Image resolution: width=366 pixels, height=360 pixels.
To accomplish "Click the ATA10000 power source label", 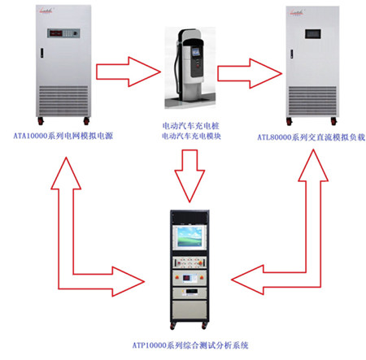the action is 63,136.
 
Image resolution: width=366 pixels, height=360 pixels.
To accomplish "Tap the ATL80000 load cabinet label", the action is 312,137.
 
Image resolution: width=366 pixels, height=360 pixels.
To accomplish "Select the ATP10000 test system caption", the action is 190,345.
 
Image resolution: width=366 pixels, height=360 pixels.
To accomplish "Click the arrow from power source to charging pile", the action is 129,72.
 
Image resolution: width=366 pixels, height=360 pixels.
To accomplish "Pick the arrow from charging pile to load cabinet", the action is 250,73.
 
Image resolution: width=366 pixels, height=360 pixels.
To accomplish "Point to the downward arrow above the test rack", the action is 190,176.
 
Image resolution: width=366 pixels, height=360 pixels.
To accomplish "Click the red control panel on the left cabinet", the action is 63,33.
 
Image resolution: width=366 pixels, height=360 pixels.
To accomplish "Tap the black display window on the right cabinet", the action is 313,33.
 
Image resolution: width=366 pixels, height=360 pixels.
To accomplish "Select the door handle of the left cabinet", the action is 42,53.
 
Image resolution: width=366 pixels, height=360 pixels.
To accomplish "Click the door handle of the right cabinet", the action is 292,54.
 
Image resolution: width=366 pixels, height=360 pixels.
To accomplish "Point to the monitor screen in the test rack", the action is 190,237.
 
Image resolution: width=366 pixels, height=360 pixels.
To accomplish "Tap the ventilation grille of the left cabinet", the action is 63,101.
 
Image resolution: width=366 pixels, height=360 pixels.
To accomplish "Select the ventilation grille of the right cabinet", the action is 312,101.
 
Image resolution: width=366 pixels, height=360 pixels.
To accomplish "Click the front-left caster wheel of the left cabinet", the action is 41,121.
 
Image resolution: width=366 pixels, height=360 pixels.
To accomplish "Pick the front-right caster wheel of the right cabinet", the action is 333,121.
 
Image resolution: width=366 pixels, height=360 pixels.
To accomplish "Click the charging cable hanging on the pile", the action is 177,67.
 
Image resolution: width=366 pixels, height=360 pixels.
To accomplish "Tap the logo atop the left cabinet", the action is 46,11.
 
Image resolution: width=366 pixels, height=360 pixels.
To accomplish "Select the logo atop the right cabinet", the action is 297,12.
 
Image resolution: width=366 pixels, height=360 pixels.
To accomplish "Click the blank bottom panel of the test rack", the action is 190,310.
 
